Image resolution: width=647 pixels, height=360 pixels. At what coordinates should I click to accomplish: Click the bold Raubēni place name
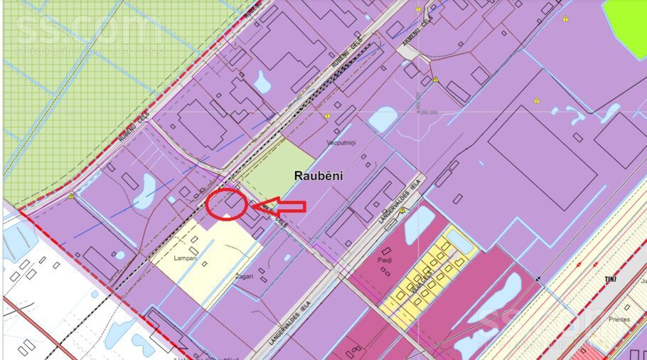(318, 176)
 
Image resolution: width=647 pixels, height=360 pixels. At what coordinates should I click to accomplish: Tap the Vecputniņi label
(341, 142)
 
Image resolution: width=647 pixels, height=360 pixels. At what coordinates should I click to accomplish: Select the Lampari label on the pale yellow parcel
(185, 258)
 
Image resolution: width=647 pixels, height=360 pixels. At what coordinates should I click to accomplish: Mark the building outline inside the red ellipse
(232, 203)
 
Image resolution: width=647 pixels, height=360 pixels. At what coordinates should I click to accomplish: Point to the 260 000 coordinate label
(428, 112)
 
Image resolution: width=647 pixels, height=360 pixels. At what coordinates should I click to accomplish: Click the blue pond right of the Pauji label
(419, 223)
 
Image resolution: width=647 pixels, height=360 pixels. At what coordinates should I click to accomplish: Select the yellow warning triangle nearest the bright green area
(565, 18)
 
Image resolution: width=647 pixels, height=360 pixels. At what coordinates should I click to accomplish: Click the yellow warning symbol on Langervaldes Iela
(402, 211)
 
